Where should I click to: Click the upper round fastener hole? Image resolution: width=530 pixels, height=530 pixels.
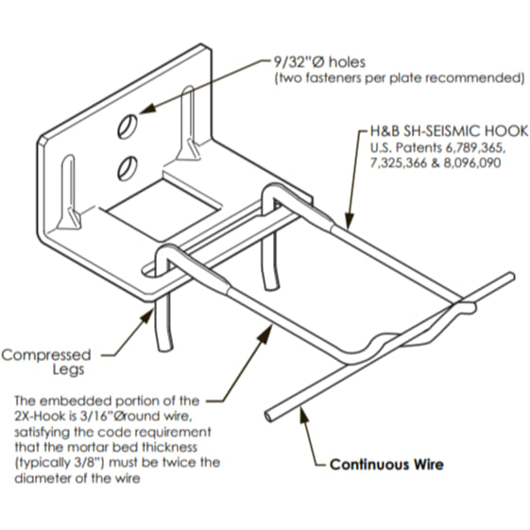(x=128, y=127)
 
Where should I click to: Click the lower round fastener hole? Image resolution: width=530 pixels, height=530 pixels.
(x=128, y=168)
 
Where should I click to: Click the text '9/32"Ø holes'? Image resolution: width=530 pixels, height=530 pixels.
(x=319, y=62)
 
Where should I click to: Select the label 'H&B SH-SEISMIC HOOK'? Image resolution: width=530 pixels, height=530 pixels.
(x=449, y=131)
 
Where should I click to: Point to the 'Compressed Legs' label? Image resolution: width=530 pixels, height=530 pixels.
(x=46, y=362)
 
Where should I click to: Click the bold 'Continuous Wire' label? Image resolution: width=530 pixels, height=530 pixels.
(x=386, y=465)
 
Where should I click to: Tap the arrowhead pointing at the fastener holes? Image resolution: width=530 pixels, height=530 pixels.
(x=146, y=108)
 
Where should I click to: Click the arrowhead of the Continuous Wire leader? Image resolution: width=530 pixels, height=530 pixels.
(x=303, y=416)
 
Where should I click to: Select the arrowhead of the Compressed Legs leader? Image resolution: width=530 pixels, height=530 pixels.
(x=147, y=317)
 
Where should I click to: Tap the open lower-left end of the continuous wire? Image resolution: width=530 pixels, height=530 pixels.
(x=268, y=416)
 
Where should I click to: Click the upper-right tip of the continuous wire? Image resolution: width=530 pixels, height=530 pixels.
(x=512, y=277)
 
